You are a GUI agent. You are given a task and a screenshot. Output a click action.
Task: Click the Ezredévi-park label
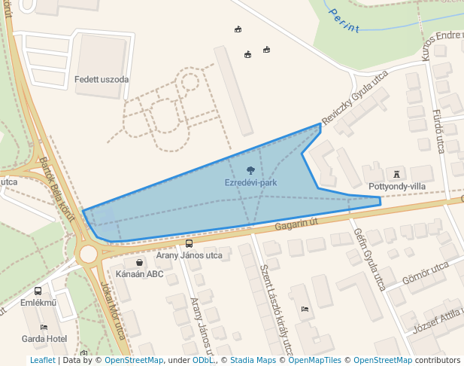tap(250, 182)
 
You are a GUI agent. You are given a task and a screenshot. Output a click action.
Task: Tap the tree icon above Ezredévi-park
tap(250, 170)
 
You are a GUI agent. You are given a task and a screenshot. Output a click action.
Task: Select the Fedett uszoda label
tap(102, 79)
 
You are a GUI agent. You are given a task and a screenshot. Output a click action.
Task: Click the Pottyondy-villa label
tap(398, 186)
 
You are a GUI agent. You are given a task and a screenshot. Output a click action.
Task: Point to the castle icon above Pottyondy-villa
tap(398, 174)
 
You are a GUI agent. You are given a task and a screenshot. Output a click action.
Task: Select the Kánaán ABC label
tap(140, 274)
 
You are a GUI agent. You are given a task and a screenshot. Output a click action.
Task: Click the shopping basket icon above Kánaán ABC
tap(140, 262)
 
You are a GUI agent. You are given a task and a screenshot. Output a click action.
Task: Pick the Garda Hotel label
tap(44, 339)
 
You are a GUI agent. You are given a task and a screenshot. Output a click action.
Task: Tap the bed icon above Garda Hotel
tap(44, 328)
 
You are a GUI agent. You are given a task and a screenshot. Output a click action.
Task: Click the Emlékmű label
tap(38, 303)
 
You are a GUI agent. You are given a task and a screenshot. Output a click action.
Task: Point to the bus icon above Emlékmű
tap(38, 291)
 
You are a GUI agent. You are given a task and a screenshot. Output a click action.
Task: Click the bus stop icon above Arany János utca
tap(189, 243)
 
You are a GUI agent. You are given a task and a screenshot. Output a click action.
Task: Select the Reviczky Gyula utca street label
tap(354, 99)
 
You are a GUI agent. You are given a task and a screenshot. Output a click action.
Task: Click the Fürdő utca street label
tap(438, 130)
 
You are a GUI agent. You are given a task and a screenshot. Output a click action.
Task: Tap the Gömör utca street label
tap(426, 274)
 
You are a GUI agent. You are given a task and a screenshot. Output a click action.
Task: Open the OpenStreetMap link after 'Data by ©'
tap(134, 361)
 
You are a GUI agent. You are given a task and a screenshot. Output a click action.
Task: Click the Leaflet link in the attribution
tap(42, 361)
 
